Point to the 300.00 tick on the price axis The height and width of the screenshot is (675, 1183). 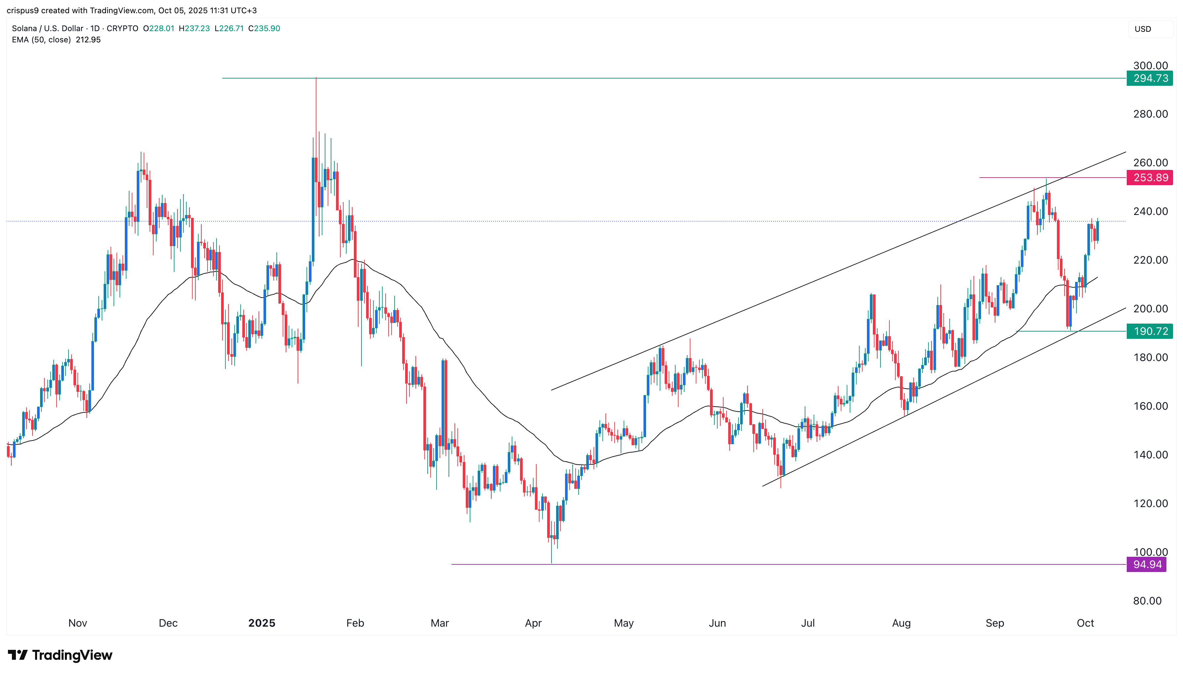1150,65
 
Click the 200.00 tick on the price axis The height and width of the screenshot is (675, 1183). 1150,309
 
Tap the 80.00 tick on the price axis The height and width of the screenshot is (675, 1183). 1147,601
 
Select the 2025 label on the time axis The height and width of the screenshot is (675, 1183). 262,623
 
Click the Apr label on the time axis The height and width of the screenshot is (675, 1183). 533,623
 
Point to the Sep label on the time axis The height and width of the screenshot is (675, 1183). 994,623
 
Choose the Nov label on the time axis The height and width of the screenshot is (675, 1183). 77,623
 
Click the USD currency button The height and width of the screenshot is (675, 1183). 1143,29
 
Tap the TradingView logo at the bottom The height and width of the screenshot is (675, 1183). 60,655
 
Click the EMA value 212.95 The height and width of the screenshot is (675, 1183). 88,40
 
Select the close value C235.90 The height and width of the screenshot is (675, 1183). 264,28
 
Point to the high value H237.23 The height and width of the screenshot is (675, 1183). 194,28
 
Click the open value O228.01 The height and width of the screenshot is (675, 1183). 159,28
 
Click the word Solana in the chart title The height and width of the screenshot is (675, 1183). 24,28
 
